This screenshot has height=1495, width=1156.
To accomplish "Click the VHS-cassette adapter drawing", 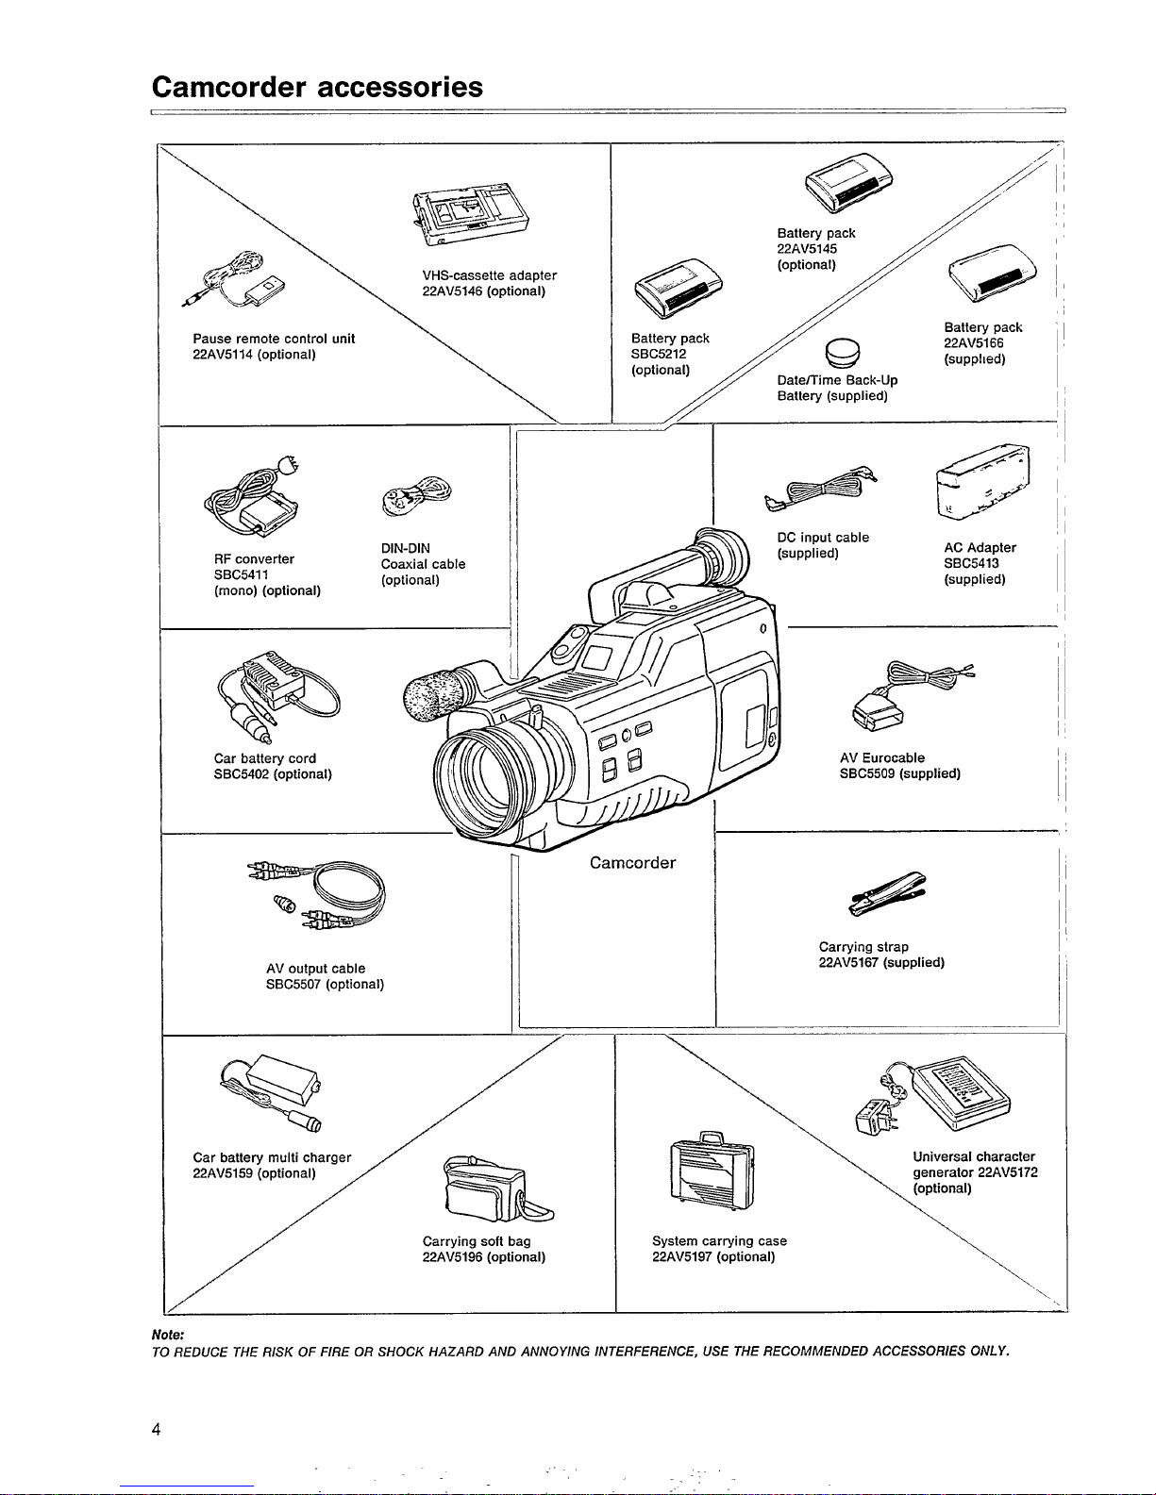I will (471, 214).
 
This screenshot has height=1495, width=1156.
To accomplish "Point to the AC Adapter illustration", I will (982, 482).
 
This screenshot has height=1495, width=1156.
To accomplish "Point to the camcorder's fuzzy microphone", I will (435, 694).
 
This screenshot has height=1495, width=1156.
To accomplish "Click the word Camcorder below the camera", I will (632, 863).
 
